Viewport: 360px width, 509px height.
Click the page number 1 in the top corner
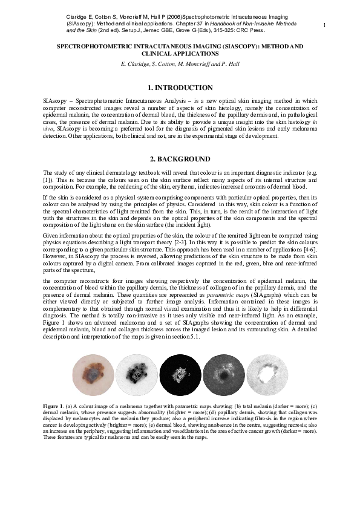coord(325,25)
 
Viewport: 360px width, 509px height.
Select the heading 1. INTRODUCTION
coord(180,88)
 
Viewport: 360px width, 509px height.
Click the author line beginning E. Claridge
coord(180,63)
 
